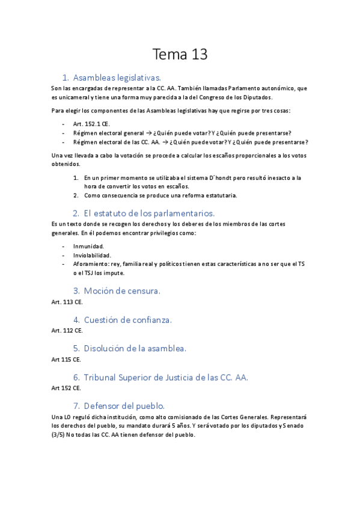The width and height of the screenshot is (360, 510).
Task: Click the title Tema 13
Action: pyautogui.click(x=180, y=55)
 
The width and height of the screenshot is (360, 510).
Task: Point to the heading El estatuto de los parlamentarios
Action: pyautogui.click(x=149, y=213)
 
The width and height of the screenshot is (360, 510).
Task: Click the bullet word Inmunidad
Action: pyautogui.click(x=88, y=246)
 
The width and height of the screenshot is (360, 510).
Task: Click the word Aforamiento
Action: pyautogui.click(x=91, y=264)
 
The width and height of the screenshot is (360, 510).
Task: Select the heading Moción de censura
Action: pyautogui.click(x=122, y=290)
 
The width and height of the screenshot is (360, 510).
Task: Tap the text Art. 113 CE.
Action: pyautogui.click(x=67, y=301)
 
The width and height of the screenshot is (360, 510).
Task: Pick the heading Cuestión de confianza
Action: pyautogui.click(x=127, y=319)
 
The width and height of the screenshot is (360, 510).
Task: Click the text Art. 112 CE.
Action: pyautogui.click(x=67, y=330)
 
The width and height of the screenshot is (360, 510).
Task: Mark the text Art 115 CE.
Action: pyautogui.click(x=66, y=359)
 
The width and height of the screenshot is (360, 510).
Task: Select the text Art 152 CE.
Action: pyautogui.click(x=66, y=388)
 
